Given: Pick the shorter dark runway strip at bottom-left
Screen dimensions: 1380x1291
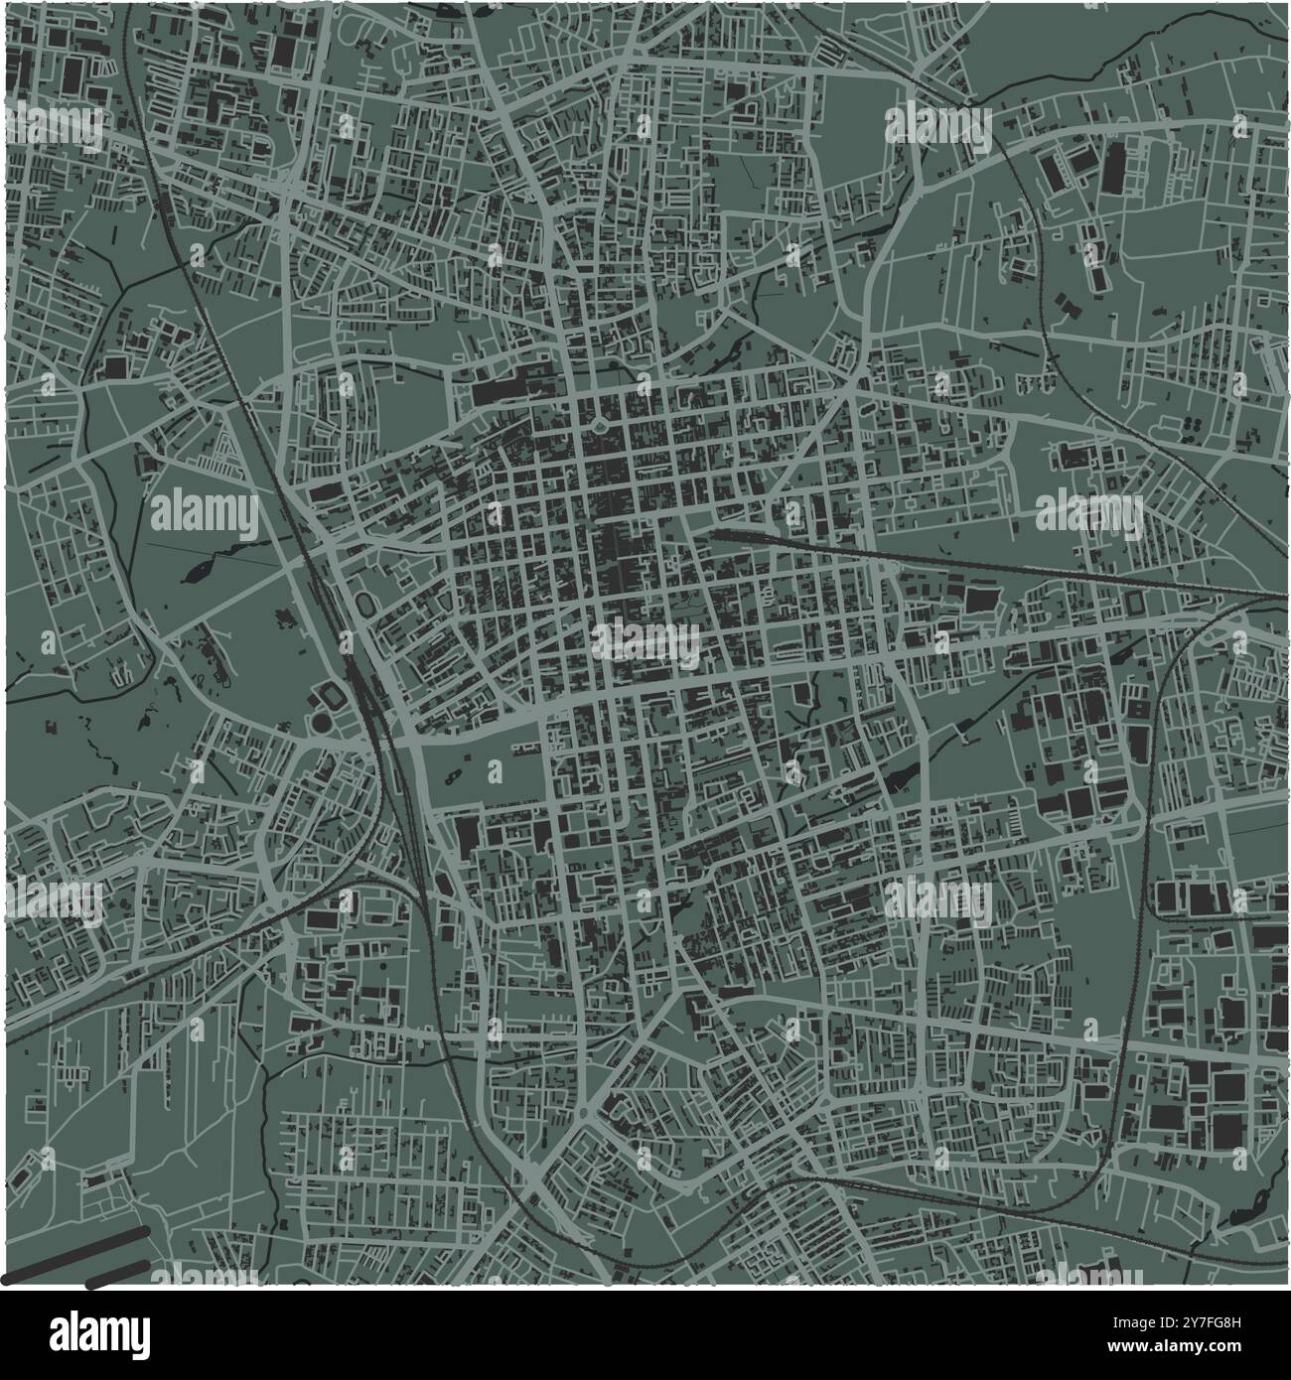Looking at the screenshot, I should click(x=120, y=1274).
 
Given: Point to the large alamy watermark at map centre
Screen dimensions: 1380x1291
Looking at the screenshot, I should click(x=646, y=642).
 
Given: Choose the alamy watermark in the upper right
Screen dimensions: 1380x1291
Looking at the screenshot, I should click(x=937, y=126).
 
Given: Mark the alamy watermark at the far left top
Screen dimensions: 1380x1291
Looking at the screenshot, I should click(x=55, y=126).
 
